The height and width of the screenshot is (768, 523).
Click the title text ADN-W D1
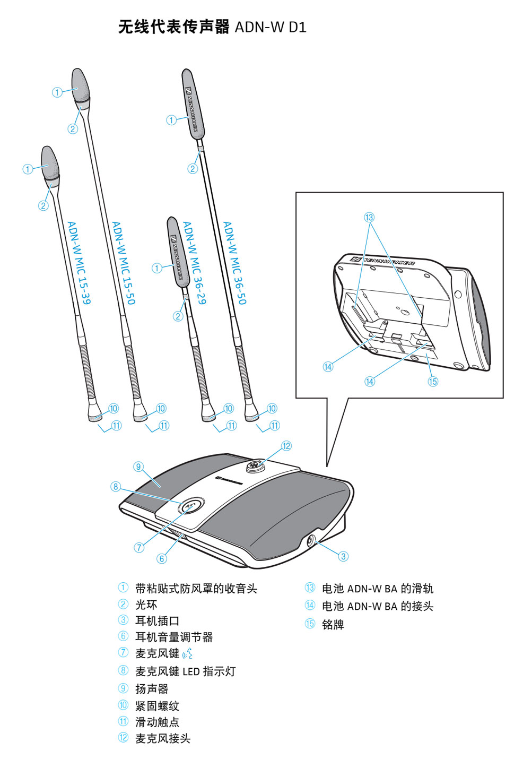[x=270, y=27]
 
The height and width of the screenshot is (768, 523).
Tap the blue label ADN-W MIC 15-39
[x=79, y=263]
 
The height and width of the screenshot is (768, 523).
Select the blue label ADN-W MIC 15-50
[x=123, y=263]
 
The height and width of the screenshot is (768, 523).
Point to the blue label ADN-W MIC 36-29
[x=194, y=263]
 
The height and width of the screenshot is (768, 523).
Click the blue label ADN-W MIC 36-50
[x=234, y=263]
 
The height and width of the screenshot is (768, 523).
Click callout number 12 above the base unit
[x=286, y=446]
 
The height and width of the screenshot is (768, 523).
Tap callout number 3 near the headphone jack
[x=343, y=556]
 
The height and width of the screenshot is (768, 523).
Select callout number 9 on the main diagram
[x=138, y=467]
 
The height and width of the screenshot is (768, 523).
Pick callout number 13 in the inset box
[x=369, y=217]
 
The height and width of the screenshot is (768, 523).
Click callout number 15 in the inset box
[x=433, y=381]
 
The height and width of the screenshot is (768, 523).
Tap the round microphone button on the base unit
[x=190, y=505]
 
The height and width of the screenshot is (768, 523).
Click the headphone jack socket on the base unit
[x=312, y=541]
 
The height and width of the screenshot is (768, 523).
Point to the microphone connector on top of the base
[x=253, y=468]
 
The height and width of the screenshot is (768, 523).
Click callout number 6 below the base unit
[x=162, y=558]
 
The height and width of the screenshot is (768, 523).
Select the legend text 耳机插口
[x=157, y=620]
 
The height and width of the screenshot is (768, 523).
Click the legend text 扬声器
[x=152, y=689]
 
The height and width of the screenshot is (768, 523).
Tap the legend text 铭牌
[x=333, y=624]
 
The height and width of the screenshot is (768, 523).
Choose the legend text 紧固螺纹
[x=157, y=706]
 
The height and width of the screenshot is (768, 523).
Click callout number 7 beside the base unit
[x=139, y=547]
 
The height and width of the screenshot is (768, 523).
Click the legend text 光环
[x=146, y=605]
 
